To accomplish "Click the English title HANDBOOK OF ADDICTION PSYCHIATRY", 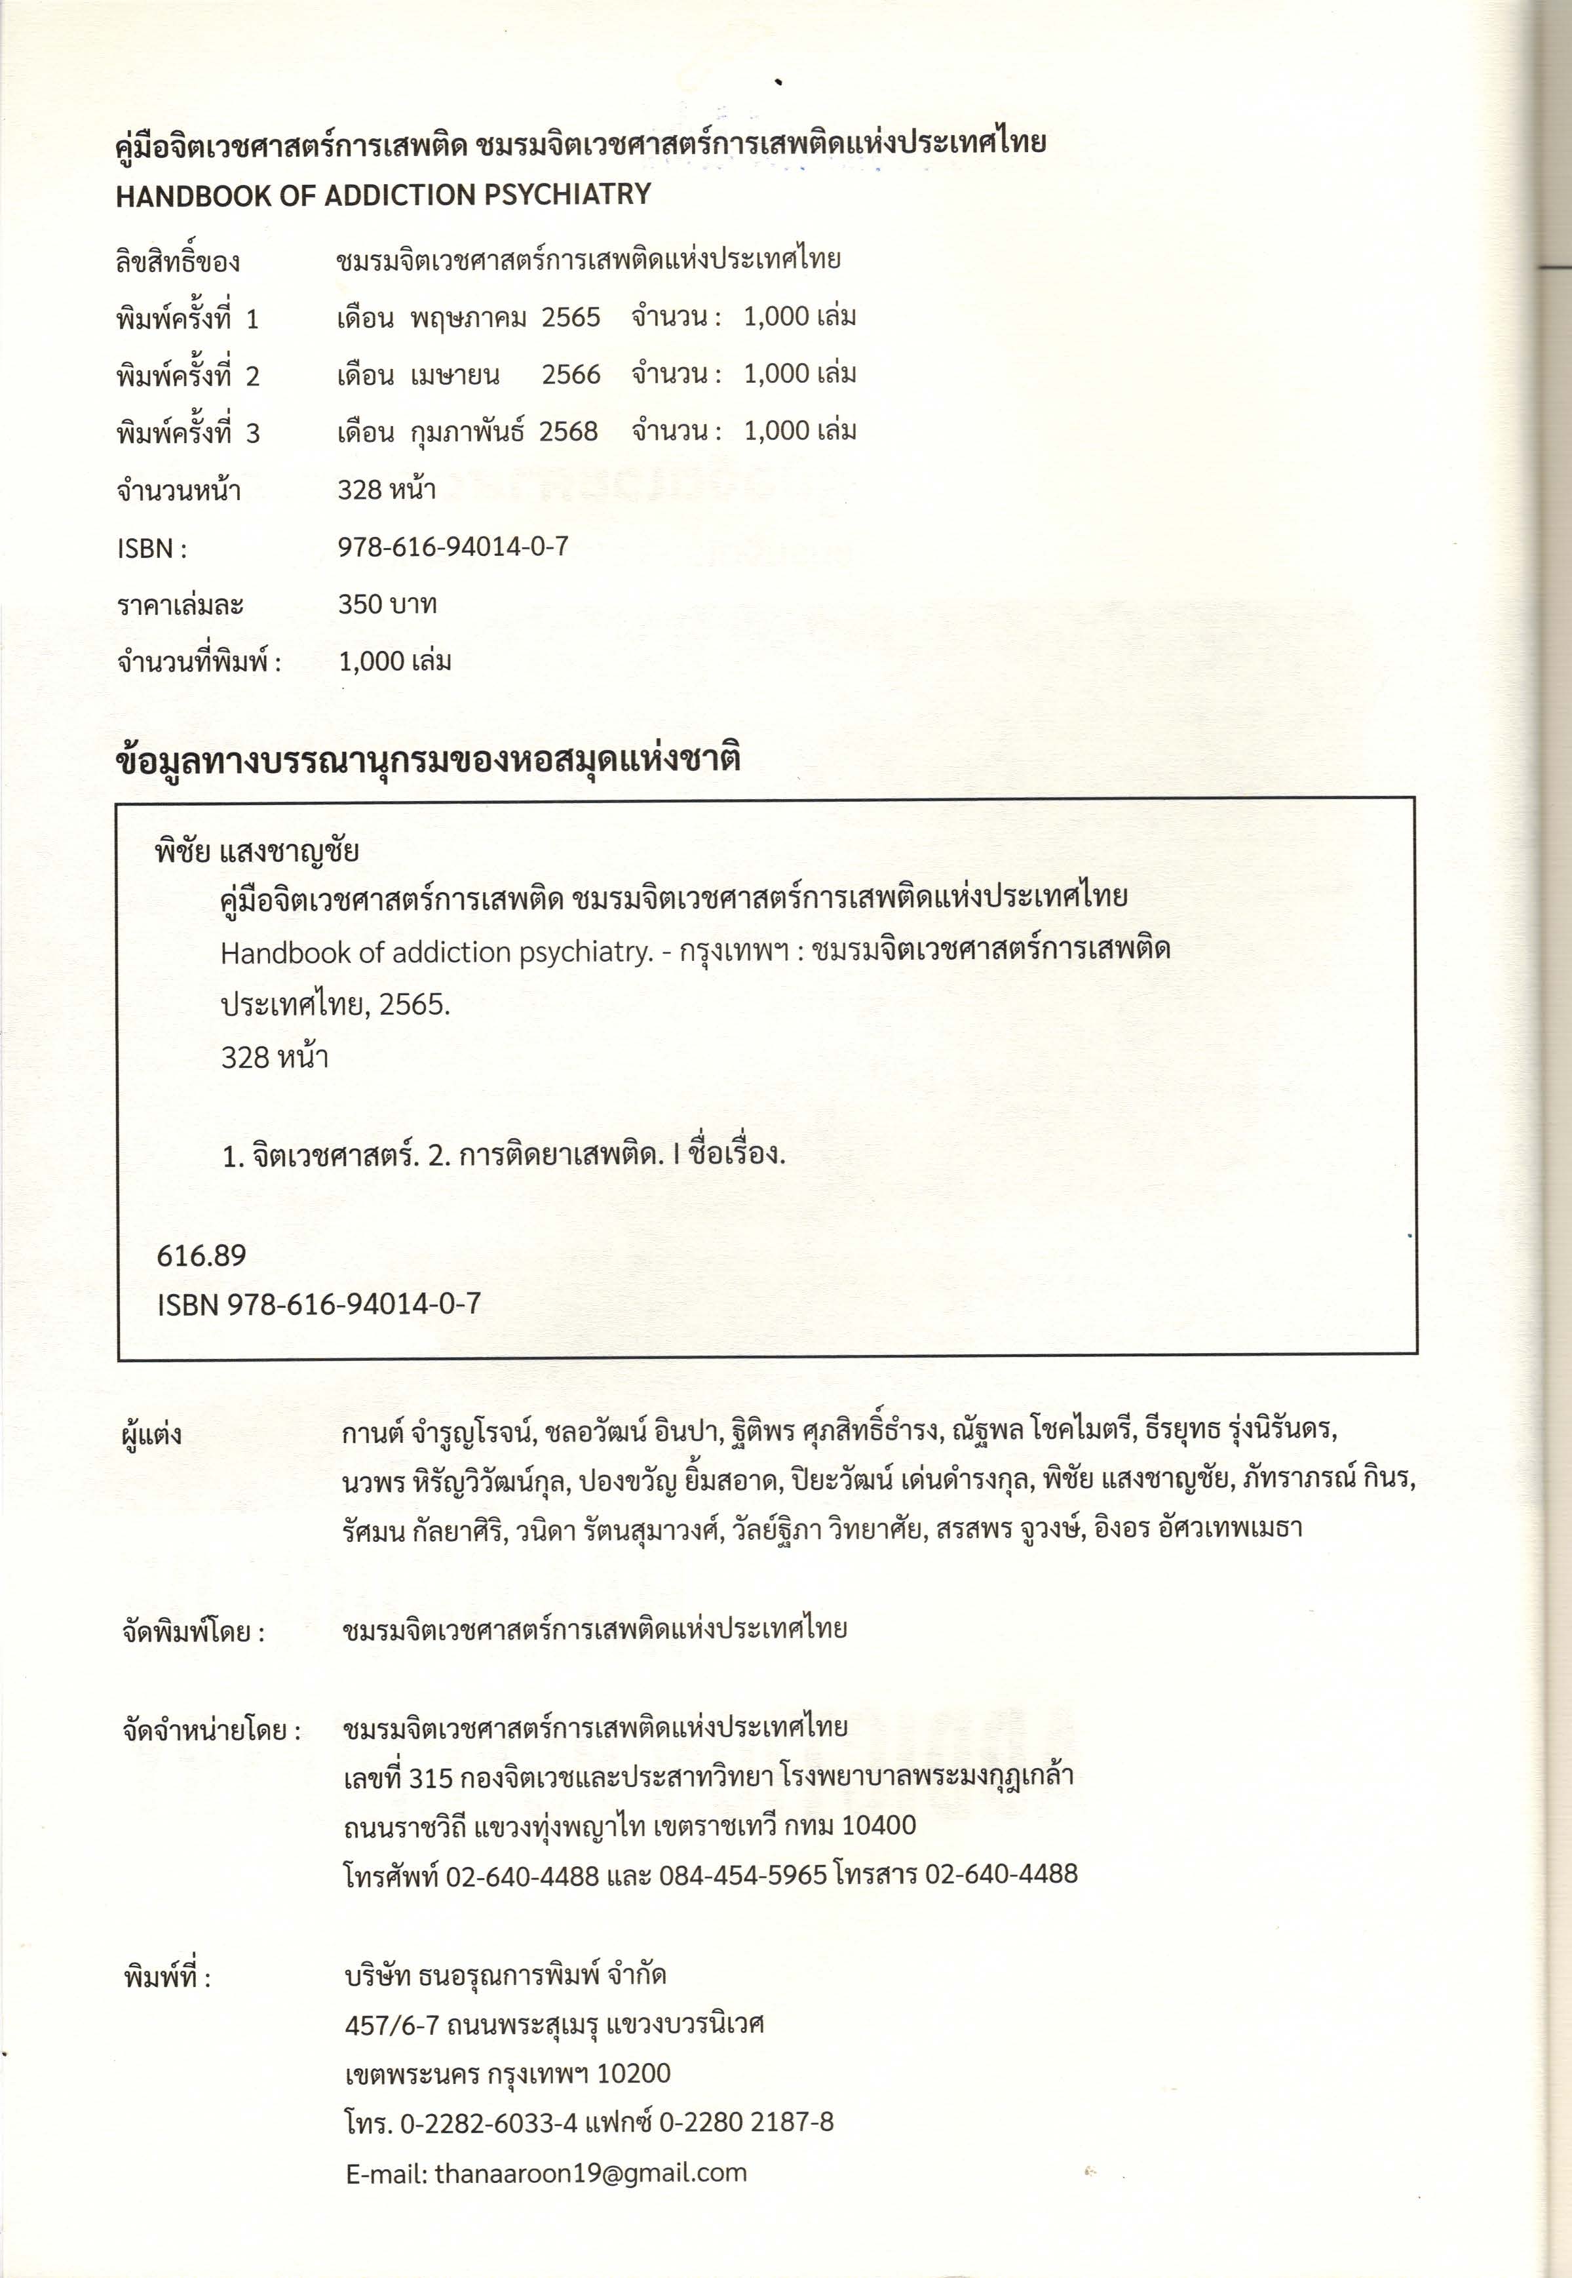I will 383,195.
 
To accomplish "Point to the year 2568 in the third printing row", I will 568,431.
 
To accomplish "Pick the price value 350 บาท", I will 387,604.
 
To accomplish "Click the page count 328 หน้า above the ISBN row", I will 386,490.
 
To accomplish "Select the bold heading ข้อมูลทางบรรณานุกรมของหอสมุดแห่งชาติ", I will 427,760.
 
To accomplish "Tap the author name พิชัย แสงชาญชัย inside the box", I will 257,850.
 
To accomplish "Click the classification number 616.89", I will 201,1255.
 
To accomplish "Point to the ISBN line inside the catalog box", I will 318,1304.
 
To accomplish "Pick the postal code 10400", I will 879,1826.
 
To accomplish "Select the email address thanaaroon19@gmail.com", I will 590,2172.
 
